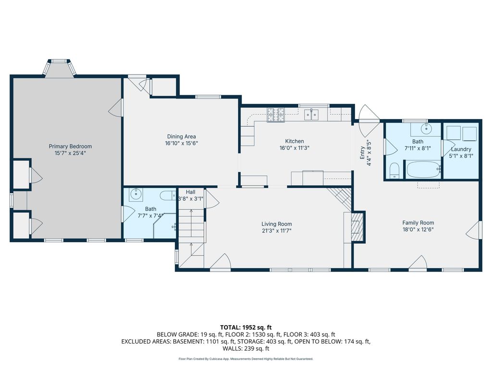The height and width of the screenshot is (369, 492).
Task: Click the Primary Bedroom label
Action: tap(70, 146)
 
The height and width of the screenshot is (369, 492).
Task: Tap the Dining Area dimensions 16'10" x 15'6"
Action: tap(181, 143)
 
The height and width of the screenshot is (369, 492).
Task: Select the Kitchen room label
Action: tap(295, 141)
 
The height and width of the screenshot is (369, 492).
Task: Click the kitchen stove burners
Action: tap(276, 114)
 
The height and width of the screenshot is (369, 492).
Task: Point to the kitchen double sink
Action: tap(311, 114)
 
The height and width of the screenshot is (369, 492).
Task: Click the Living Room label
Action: tap(277, 224)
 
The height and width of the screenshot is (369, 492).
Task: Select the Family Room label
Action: tap(418, 223)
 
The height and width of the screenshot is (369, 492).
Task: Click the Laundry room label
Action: tap(461, 149)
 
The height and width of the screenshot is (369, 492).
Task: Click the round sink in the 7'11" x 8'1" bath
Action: tap(426, 128)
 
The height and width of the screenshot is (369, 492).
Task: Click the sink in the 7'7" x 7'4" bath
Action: tap(135, 194)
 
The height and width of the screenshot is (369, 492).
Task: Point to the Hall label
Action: tap(190, 192)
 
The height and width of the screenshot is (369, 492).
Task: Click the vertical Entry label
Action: tap(363, 153)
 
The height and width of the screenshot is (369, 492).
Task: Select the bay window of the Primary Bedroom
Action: tap(59, 67)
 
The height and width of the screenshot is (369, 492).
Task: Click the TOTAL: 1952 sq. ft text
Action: tap(246, 328)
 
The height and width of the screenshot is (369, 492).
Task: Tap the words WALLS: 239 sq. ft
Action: tap(246, 348)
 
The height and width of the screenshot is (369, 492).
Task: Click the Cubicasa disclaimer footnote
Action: tap(246, 358)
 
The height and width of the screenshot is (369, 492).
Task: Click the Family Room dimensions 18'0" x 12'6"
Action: tap(418, 229)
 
